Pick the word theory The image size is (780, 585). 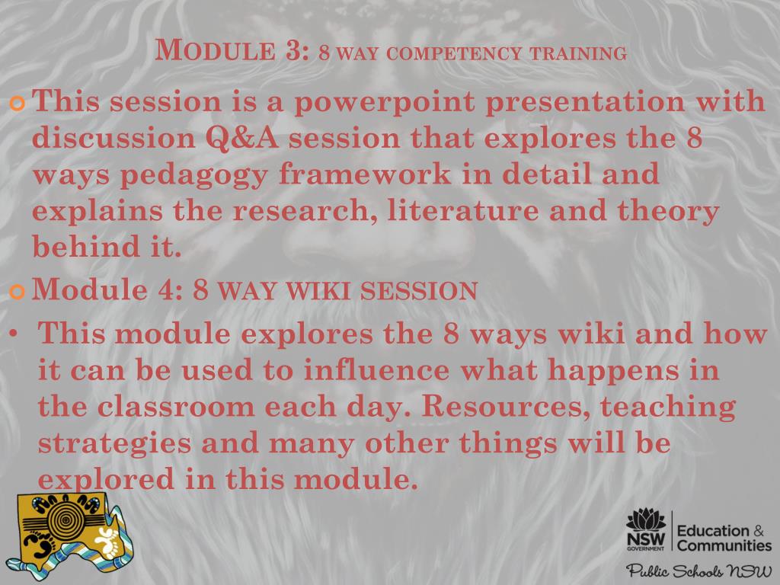pyautogui.click(x=667, y=210)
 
